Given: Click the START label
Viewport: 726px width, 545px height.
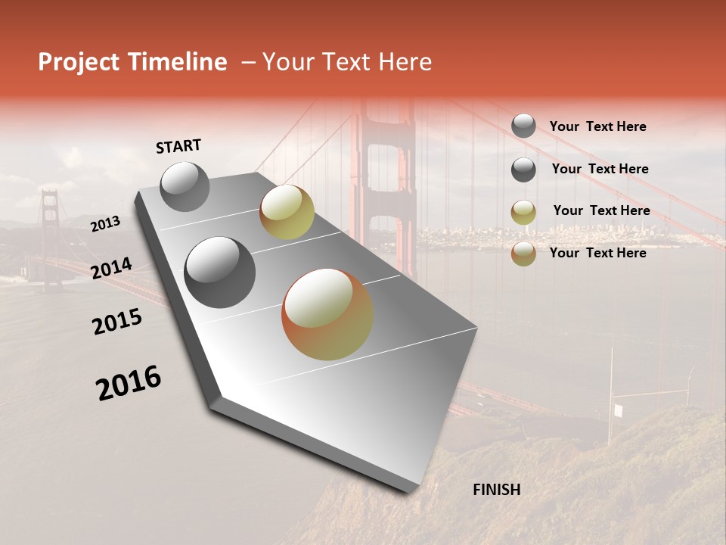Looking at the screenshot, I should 178,146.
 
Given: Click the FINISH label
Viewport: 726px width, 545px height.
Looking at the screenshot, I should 496,490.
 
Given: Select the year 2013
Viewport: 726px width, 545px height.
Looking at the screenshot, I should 105,223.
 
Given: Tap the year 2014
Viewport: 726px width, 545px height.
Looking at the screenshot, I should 112,269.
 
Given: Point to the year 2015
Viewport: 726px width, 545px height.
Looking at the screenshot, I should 117,322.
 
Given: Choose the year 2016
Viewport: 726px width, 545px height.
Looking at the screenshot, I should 129,383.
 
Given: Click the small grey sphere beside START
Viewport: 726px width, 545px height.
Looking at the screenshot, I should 185,186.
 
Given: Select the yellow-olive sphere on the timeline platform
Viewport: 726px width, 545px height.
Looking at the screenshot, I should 287,212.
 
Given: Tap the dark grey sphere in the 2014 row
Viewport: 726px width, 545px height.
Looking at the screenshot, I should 220,272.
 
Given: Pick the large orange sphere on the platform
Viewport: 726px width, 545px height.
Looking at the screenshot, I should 327,314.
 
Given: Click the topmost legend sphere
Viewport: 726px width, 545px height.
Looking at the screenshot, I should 523,126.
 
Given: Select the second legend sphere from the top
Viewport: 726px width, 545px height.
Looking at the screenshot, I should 523,170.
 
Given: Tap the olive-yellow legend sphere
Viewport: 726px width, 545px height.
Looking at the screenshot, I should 523,212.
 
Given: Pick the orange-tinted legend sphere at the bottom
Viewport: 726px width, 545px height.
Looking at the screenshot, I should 523,254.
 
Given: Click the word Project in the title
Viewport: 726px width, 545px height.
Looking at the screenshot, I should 79,62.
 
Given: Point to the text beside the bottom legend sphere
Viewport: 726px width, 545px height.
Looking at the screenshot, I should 597,253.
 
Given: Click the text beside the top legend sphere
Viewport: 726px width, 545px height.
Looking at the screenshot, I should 597,126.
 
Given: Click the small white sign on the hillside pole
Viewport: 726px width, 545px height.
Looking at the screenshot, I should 619,410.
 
